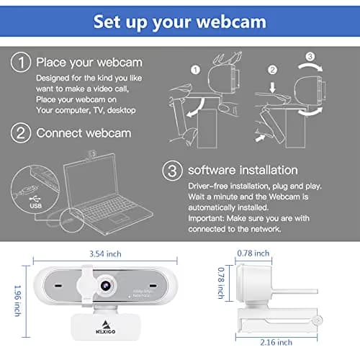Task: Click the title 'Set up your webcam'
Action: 179,22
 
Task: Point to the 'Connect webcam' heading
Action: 78,133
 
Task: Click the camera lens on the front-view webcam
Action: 105,285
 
